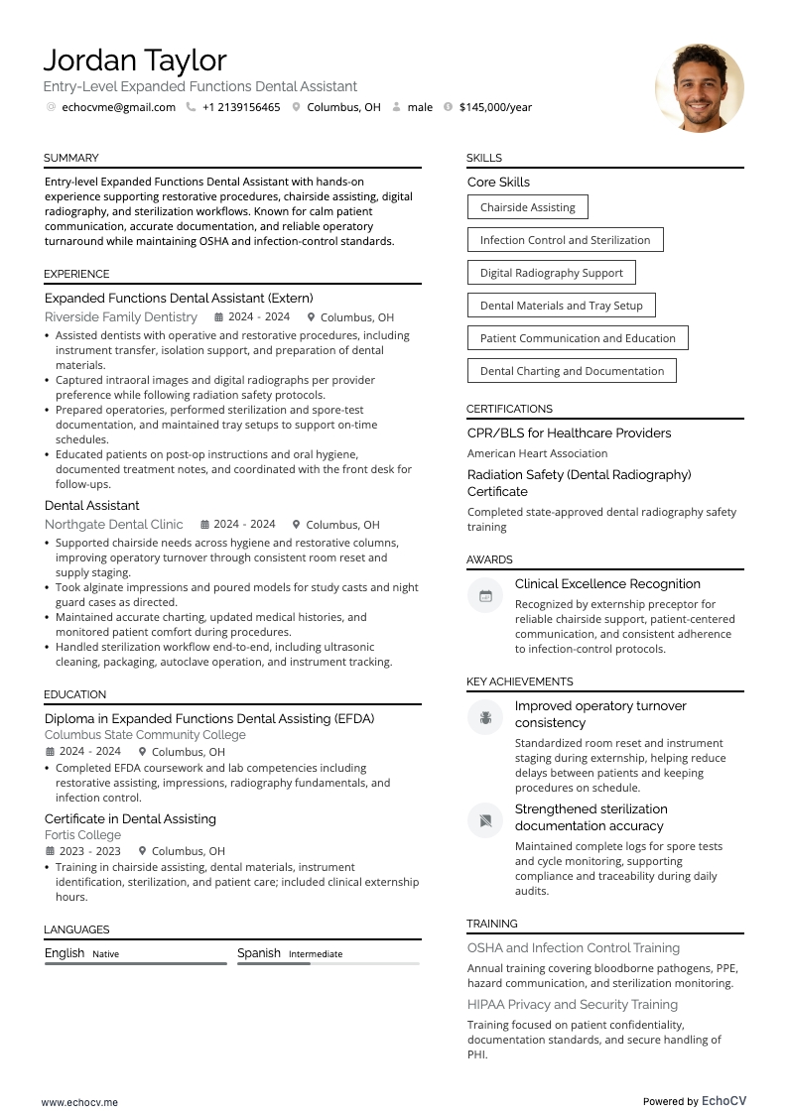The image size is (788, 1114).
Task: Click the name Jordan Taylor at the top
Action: pos(135,61)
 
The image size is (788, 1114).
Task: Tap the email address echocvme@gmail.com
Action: pos(118,107)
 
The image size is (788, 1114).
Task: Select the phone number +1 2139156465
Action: pos(241,107)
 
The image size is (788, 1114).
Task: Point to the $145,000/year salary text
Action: pos(495,107)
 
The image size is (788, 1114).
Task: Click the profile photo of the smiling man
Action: pos(699,87)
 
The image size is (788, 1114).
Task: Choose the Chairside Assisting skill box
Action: pos(527,207)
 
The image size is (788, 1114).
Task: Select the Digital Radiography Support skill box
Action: pos(551,273)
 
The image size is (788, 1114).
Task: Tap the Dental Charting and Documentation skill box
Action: pos(572,371)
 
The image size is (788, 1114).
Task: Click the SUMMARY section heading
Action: pos(70,158)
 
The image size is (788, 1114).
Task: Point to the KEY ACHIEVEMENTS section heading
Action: pos(519,681)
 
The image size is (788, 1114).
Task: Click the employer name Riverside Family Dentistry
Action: pos(121,317)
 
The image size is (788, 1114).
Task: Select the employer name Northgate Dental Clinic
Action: pos(114,525)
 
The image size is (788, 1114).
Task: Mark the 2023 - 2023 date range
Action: pos(89,851)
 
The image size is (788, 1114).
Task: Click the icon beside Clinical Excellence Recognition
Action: pos(485,596)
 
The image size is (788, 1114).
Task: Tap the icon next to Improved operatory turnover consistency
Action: pos(485,717)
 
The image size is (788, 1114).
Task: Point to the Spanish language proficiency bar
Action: pos(328,963)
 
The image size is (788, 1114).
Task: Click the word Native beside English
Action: pos(105,954)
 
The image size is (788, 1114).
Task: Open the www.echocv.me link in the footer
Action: pos(79,1101)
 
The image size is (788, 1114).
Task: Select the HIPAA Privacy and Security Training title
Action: pos(573,1005)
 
